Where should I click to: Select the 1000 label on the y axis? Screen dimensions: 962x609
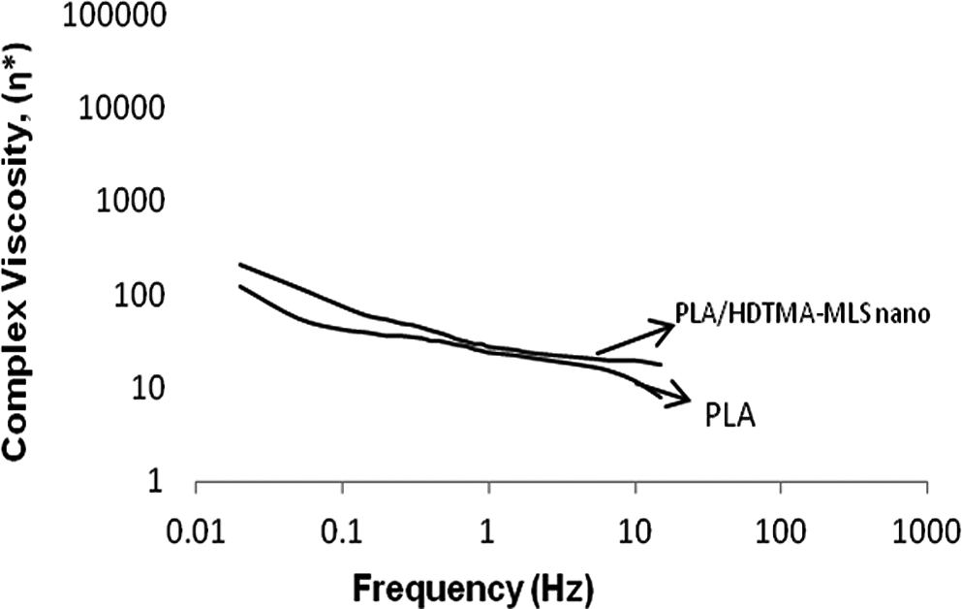pyautogui.click(x=132, y=201)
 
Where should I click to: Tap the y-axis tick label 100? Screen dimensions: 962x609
pyautogui.click(x=140, y=296)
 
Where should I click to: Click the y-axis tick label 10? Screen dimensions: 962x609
pyautogui.click(x=148, y=388)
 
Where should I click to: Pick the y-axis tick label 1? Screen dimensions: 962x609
pyautogui.click(x=155, y=481)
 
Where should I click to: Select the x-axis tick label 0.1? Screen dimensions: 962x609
pyautogui.click(x=342, y=532)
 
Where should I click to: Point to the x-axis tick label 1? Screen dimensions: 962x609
pyautogui.click(x=487, y=532)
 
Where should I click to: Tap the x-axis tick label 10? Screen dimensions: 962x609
pyautogui.click(x=635, y=532)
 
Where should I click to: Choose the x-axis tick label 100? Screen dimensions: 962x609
pyautogui.click(x=781, y=532)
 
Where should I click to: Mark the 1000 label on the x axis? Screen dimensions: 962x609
pyautogui.click(x=926, y=532)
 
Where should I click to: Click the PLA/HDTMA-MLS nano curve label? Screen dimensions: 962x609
pyautogui.click(x=802, y=313)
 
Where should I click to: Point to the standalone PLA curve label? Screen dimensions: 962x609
pyautogui.click(x=730, y=415)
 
